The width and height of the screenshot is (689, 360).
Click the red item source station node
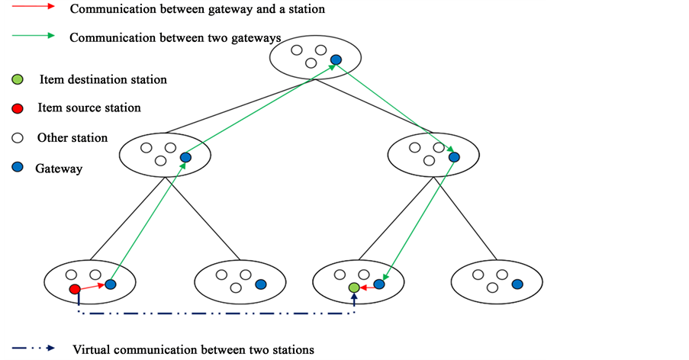75,289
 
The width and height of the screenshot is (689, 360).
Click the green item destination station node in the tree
354,288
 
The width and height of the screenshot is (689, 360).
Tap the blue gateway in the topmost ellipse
335,59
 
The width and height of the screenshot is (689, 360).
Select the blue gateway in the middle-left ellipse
185,158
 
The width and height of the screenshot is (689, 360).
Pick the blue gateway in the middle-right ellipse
454,157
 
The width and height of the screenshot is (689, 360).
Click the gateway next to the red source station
111,284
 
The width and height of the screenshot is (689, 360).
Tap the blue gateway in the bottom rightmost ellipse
517,284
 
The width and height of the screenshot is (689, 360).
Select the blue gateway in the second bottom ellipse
261,284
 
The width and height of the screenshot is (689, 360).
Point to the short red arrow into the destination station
367,287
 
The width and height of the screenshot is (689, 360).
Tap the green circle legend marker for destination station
18,79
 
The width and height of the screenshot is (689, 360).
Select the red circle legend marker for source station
18,108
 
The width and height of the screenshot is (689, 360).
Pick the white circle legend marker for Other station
18,138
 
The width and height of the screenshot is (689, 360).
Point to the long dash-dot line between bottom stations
214,313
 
